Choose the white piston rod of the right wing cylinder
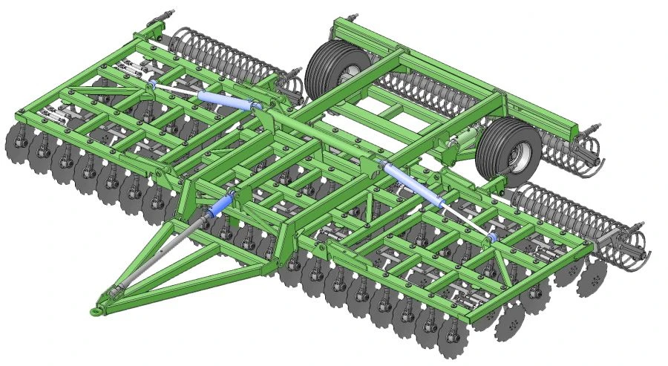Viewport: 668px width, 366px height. pyautogui.click(x=464, y=219)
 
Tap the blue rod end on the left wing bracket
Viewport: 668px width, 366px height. pyautogui.click(x=152, y=85)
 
